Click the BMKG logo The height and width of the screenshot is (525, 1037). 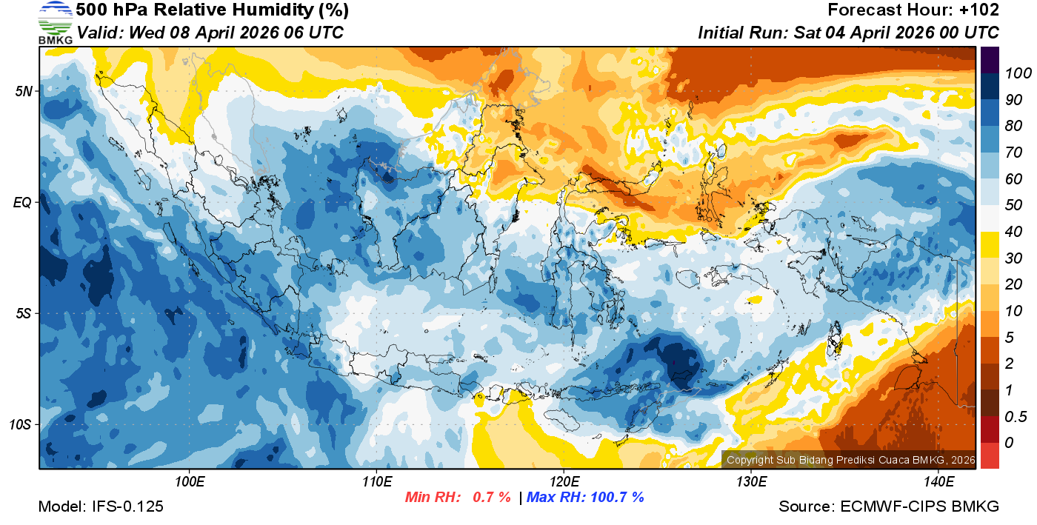click(55, 23)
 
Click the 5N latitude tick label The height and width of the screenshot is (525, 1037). click(24, 91)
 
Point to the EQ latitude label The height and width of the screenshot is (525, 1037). click(23, 202)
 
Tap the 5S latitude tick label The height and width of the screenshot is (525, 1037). click(24, 313)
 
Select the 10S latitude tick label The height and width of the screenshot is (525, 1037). click(20, 424)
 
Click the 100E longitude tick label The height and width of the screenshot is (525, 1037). click(190, 482)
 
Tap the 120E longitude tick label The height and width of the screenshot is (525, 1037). click(564, 482)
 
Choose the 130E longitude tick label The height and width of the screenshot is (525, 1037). click(751, 482)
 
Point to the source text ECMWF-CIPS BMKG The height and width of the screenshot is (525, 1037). click(920, 506)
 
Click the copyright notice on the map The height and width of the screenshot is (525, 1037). click(849, 460)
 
